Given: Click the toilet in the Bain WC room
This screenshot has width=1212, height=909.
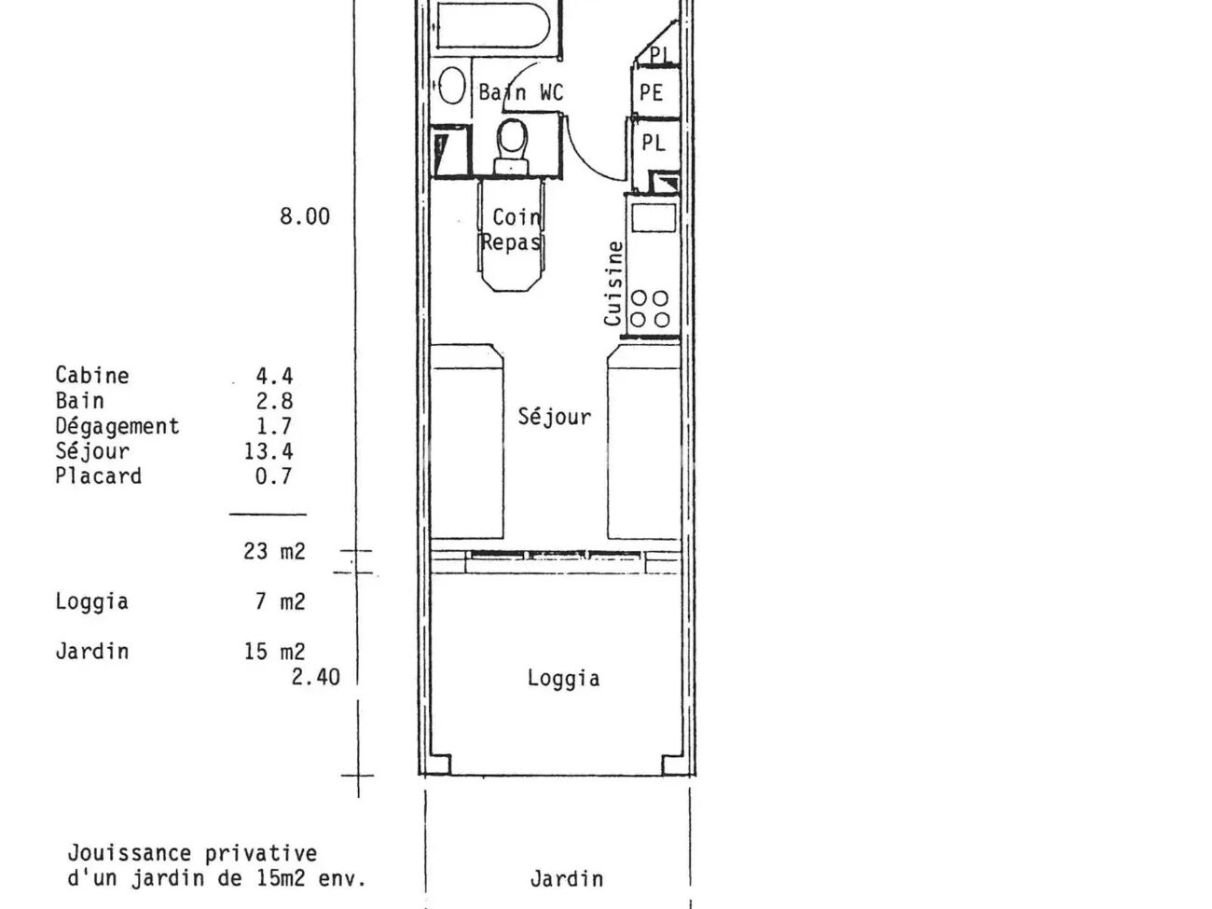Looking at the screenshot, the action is [x=512, y=146].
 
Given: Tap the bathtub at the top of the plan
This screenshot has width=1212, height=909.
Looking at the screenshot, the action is [x=493, y=25].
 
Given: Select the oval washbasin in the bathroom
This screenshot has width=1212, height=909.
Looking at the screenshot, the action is [x=451, y=86].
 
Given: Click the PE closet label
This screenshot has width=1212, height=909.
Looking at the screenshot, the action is [x=651, y=92].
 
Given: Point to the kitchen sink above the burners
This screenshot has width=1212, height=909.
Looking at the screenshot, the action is [x=654, y=218].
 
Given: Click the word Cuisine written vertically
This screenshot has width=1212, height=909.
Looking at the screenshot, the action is [x=613, y=283].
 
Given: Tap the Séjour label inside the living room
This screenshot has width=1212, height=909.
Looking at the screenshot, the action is [x=555, y=417].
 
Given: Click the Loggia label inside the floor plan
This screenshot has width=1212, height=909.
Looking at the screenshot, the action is [x=563, y=679].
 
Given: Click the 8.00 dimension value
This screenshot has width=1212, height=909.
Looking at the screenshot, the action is [x=305, y=216].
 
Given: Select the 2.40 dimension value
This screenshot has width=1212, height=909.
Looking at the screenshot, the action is [x=316, y=677].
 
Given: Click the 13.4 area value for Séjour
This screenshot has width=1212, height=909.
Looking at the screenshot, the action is [x=269, y=451].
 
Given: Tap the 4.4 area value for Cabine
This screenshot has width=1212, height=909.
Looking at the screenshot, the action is [x=274, y=377].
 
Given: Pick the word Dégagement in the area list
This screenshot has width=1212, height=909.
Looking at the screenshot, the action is [x=117, y=427].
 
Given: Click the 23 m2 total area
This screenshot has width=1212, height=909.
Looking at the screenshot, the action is [x=274, y=551].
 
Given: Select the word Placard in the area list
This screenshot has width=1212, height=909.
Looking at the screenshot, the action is [x=99, y=476].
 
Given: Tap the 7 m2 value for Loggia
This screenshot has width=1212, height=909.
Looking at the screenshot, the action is [x=281, y=601].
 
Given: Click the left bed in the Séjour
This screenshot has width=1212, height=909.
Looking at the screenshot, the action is [x=466, y=442].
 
